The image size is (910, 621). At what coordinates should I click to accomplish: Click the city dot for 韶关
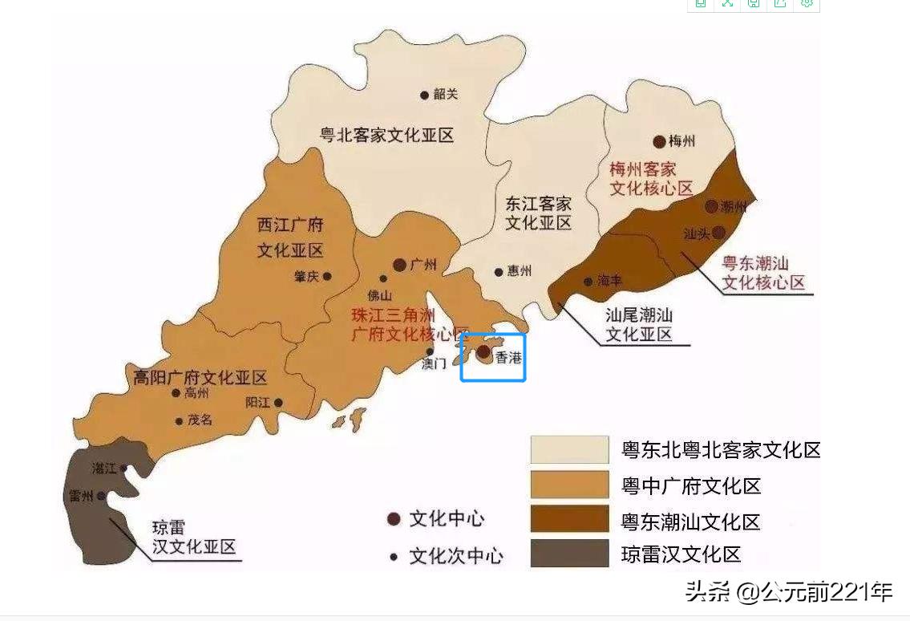(424, 95)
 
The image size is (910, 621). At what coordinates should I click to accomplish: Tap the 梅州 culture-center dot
(659, 142)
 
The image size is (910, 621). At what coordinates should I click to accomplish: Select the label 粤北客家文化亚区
(386, 135)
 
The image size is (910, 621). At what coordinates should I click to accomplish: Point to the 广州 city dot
(399, 265)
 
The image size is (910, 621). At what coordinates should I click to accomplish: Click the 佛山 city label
(379, 294)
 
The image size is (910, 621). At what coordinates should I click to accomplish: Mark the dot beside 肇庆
(327, 276)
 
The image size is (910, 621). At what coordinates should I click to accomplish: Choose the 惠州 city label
(519, 271)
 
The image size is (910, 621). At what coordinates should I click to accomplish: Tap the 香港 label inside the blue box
(508, 358)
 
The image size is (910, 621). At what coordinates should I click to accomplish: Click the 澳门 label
(434, 364)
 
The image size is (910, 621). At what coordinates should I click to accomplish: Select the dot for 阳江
(278, 403)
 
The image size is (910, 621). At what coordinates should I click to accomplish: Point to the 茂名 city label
(200, 420)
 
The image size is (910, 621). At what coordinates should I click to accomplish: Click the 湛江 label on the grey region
(104, 468)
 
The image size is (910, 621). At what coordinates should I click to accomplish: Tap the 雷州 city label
(81, 496)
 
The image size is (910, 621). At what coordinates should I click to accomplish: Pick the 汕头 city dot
(718, 232)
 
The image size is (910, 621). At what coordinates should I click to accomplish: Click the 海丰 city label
(609, 281)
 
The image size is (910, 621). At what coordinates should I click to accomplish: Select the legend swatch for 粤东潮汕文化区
(569, 519)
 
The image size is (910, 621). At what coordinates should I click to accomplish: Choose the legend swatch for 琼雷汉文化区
(569, 554)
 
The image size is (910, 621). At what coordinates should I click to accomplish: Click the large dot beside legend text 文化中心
(394, 519)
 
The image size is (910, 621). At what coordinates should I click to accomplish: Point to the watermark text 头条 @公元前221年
(788, 592)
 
